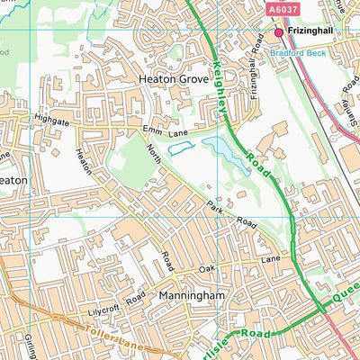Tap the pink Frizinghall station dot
(x=279, y=32)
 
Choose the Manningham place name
(x=189, y=295)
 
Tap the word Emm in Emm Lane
(x=151, y=131)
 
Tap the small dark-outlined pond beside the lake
(x=180, y=148)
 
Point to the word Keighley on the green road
(x=223, y=77)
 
